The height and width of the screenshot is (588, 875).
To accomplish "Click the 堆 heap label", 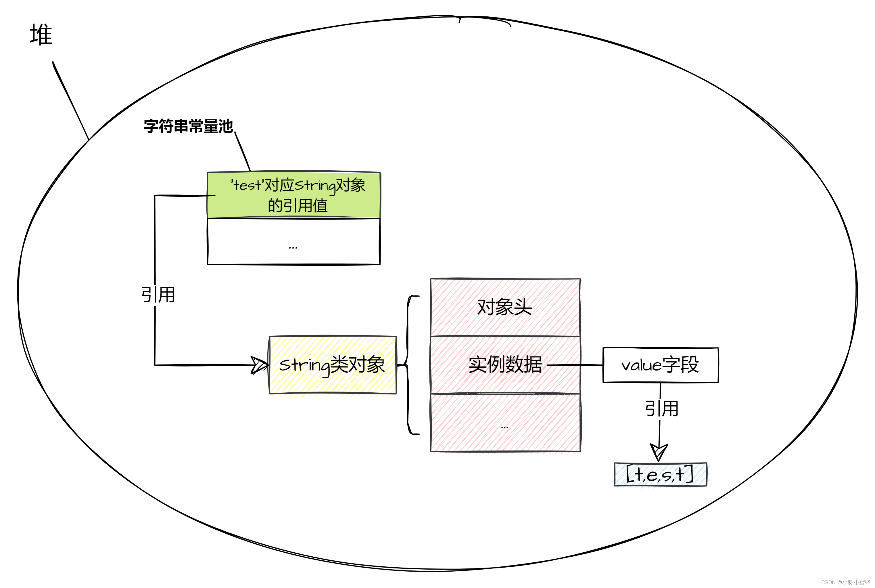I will tap(41, 35).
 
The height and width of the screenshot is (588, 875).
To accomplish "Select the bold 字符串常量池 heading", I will tap(189, 126).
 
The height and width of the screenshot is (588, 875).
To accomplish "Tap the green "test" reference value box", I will tap(294, 195).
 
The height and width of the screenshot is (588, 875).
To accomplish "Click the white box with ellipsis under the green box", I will tap(294, 242).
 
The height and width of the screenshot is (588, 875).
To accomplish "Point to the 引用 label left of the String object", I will tap(158, 295).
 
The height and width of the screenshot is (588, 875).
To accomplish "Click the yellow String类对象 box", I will tap(332, 365).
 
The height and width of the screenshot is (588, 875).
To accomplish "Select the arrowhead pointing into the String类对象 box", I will tap(259, 365).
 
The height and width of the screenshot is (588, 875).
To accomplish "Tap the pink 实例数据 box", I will tap(505, 364).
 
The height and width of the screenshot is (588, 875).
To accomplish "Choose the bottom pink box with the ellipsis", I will tap(505, 423).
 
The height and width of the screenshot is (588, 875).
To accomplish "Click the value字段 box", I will tap(660, 365).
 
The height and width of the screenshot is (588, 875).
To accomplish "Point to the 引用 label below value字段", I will tap(662, 409).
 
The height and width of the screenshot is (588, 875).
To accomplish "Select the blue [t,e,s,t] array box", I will tap(660, 475).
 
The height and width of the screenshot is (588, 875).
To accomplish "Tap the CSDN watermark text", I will tap(845, 582).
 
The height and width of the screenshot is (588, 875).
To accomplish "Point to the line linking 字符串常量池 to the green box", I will tap(242, 151).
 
